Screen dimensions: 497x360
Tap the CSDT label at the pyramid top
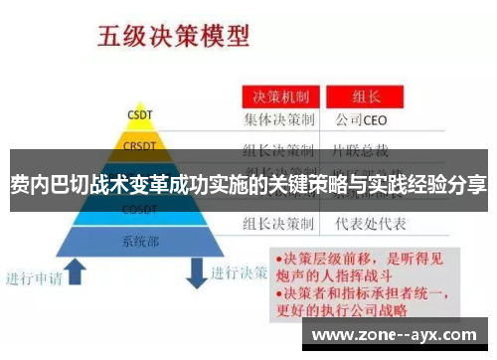pyautogui.click(x=139, y=114)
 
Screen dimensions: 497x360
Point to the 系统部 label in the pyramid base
pyautogui.click(x=140, y=241)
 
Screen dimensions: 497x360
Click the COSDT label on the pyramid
pyautogui.click(x=140, y=210)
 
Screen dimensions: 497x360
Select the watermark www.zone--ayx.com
pyautogui.click(x=400, y=335)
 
